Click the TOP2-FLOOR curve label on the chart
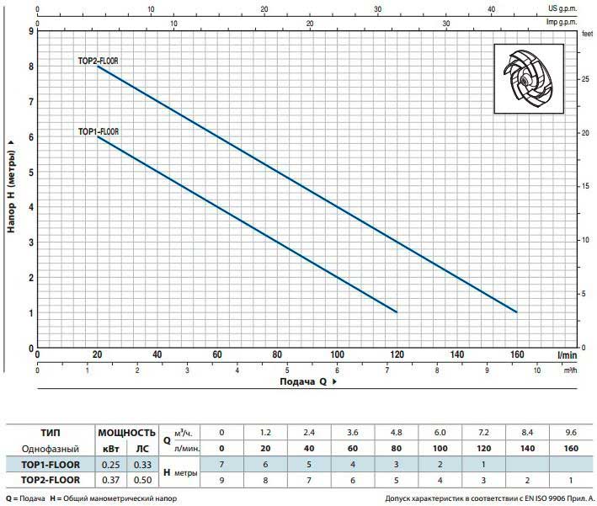click(99, 61)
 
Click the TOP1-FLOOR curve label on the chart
click(99, 131)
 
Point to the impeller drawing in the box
click(528, 78)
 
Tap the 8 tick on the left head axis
click(31, 67)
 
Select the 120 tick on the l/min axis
click(397, 354)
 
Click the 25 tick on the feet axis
click(585, 79)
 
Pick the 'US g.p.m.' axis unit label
click(562, 8)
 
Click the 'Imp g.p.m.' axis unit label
click(562, 22)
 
